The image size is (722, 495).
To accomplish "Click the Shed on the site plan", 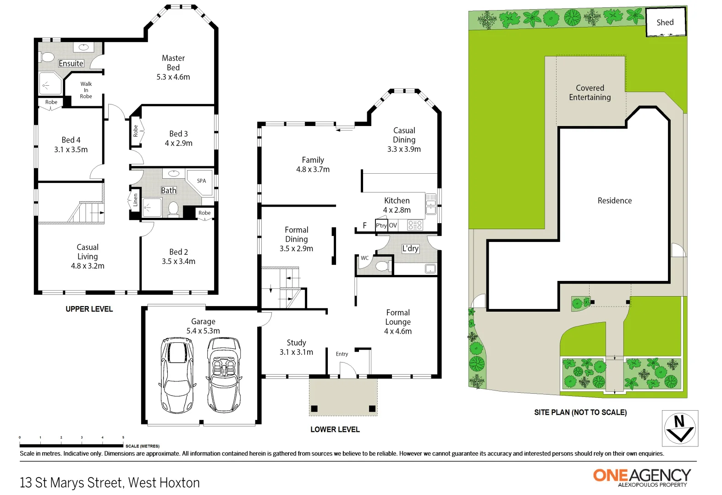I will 665,22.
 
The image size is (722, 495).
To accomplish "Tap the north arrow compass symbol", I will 680,428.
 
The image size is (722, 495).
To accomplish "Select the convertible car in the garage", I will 224,374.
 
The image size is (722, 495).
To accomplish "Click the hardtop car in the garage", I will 177,374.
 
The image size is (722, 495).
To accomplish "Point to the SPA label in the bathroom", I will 201,181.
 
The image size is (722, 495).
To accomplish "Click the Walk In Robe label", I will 86,90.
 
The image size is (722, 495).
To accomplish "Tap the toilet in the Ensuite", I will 47,57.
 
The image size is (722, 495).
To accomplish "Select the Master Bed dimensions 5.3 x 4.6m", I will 173,77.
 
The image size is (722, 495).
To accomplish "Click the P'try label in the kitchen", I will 381,225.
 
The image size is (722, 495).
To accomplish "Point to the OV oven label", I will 393,225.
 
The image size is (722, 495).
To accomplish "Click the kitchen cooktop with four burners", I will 415,225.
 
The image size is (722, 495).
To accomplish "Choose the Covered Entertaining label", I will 590,93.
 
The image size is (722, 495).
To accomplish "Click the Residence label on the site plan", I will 614,201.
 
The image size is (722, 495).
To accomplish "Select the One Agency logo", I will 642,477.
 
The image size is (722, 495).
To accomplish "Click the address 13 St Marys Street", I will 110,483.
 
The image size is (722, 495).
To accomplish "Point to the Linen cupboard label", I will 135,200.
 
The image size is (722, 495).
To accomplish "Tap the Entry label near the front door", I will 342,354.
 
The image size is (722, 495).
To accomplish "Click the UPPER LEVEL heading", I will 89,309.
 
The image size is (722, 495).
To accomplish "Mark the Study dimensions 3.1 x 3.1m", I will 296,352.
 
